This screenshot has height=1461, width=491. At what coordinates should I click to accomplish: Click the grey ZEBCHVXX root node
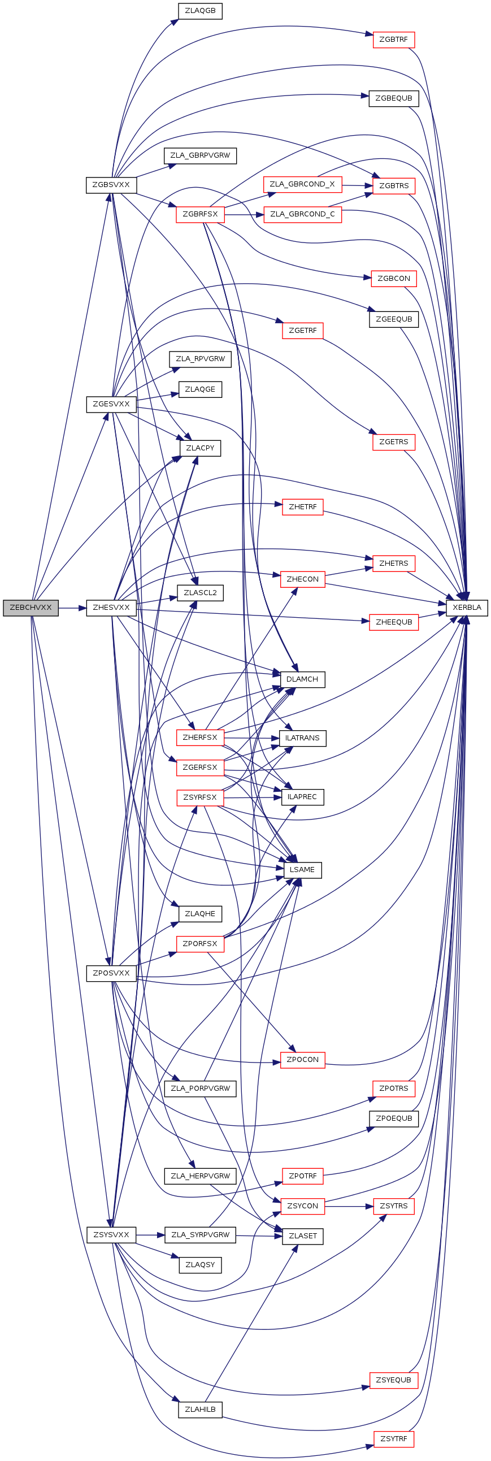tap(31, 608)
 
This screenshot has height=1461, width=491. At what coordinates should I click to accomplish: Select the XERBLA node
tap(467, 608)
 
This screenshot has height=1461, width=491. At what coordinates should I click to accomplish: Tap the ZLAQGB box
tap(200, 11)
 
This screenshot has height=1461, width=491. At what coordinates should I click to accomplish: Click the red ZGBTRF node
tap(393, 40)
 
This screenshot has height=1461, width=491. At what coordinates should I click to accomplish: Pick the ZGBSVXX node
tap(111, 185)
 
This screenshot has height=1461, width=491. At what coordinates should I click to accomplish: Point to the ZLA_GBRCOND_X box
tap(302, 184)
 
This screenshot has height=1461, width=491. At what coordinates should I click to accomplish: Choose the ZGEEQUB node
tap(393, 319)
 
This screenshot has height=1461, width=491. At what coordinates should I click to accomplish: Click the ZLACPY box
tap(200, 448)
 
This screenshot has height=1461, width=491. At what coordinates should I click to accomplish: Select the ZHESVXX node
tap(111, 608)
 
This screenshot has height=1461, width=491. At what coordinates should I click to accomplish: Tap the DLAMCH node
tap(302, 679)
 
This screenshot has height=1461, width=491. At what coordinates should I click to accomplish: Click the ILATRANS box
tap(302, 738)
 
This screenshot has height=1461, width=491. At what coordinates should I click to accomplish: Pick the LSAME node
tap(302, 870)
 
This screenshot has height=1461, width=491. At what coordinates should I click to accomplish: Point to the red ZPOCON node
tap(302, 1060)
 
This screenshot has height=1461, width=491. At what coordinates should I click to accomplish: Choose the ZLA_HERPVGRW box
tap(200, 1176)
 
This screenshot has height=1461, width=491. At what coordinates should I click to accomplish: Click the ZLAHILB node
tap(200, 1410)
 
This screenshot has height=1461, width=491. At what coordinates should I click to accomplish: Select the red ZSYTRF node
tap(393, 1439)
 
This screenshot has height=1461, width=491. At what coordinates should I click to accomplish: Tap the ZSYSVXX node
tap(111, 1235)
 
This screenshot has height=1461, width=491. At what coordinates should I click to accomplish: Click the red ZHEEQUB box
tap(393, 622)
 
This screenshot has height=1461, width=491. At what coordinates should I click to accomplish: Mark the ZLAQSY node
tap(200, 1265)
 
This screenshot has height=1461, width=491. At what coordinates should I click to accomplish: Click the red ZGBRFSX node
tap(200, 214)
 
